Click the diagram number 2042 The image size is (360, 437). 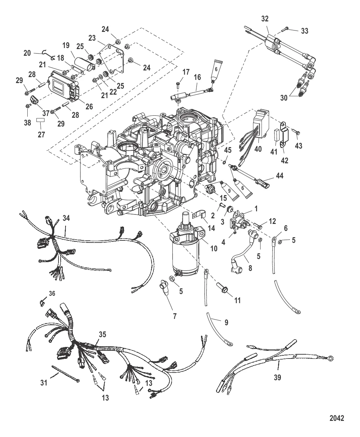pos(337,418)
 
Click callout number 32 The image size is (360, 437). pos(265,19)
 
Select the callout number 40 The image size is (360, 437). pos(258,149)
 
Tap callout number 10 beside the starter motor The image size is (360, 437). pos(214,248)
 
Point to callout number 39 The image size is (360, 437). pos(277,377)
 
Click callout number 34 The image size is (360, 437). pos(66,218)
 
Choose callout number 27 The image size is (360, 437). pos(41,135)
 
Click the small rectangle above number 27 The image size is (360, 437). pos(41,120)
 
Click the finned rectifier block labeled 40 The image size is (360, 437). pos(261,123)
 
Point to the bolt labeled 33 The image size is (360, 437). pos(285,29)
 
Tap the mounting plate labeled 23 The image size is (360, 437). pos(112,57)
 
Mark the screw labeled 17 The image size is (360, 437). pos(178,86)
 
